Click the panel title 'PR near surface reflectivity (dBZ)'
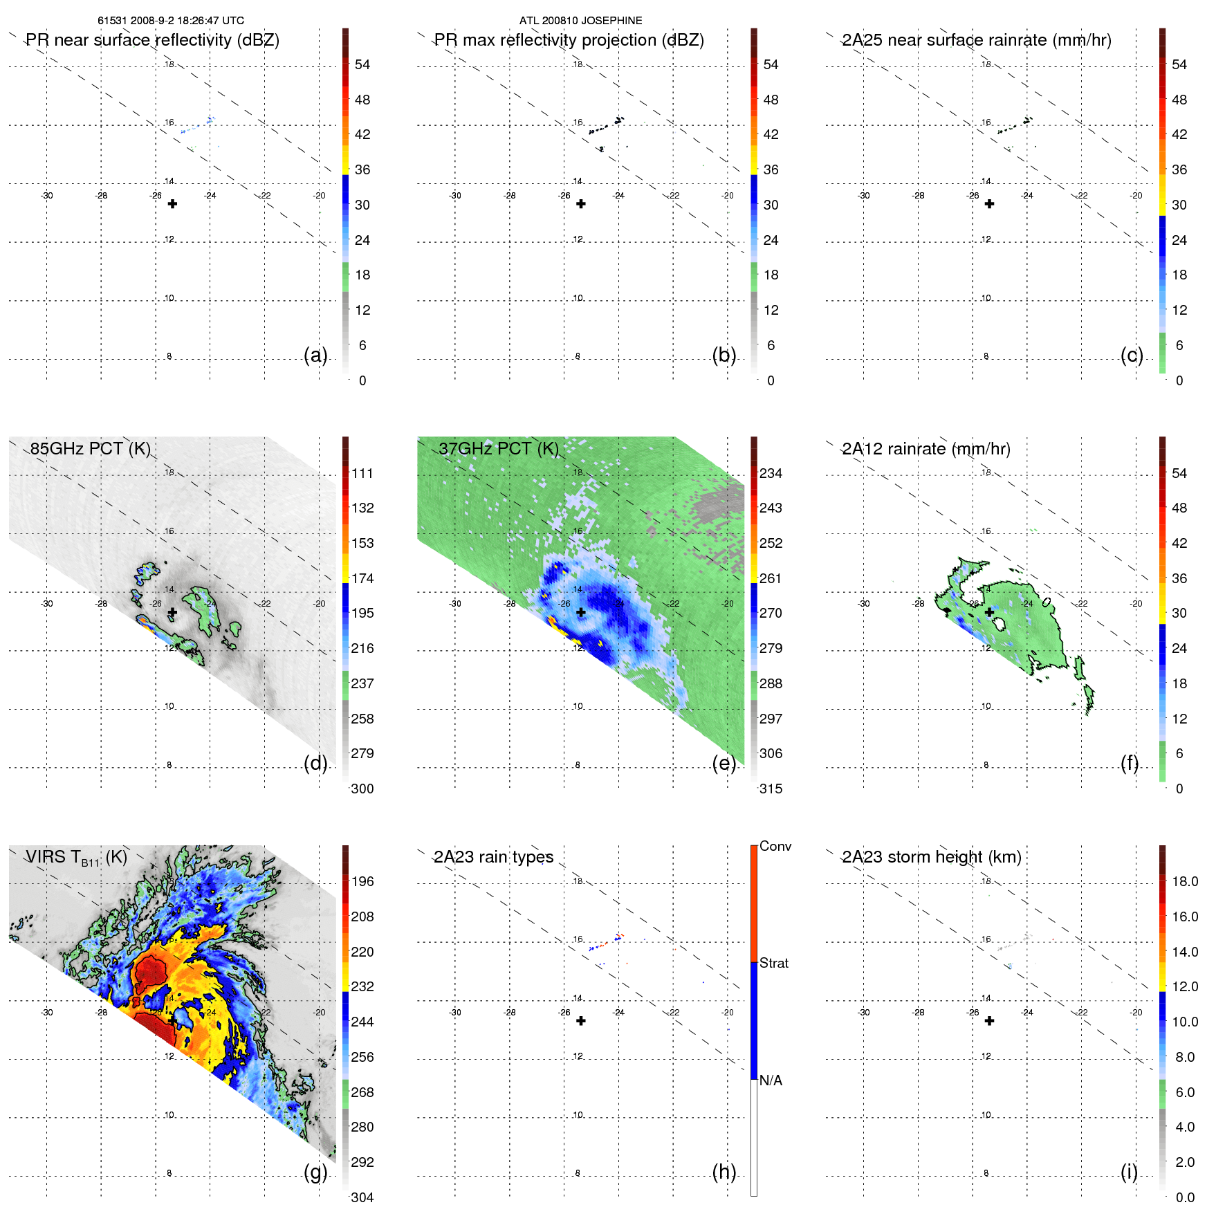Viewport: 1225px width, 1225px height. click(x=152, y=40)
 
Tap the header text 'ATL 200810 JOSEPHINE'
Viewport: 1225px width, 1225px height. click(x=580, y=21)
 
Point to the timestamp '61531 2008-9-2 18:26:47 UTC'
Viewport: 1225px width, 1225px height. click(x=171, y=21)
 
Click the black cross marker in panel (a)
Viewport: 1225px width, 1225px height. click(x=172, y=204)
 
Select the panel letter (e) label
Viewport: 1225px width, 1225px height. click(x=724, y=763)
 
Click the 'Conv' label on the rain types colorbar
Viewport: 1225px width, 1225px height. click(x=775, y=847)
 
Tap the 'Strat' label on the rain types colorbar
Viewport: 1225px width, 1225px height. click(x=773, y=964)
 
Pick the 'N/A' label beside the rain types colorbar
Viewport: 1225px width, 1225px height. click(x=771, y=1080)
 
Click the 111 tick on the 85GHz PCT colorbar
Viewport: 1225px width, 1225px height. click(x=362, y=474)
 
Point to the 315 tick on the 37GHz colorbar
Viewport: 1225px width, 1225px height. click(x=771, y=789)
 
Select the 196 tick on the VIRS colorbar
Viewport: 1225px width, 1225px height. click(x=362, y=882)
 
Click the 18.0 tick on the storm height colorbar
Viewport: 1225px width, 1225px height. click(x=1185, y=882)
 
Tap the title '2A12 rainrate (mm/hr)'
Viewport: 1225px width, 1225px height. click(x=925, y=449)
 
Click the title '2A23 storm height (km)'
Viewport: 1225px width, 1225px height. click(x=931, y=857)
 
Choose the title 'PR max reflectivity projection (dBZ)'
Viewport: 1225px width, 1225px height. click(x=569, y=40)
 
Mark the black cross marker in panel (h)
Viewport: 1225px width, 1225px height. click(x=581, y=1021)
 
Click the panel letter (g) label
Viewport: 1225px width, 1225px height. click(x=315, y=1172)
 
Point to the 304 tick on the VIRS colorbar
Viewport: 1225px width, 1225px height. click(x=362, y=1198)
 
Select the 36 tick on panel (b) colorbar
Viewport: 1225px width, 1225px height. click(x=771, y=170)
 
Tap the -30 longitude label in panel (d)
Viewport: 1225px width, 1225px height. click(x=46, y=604)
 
